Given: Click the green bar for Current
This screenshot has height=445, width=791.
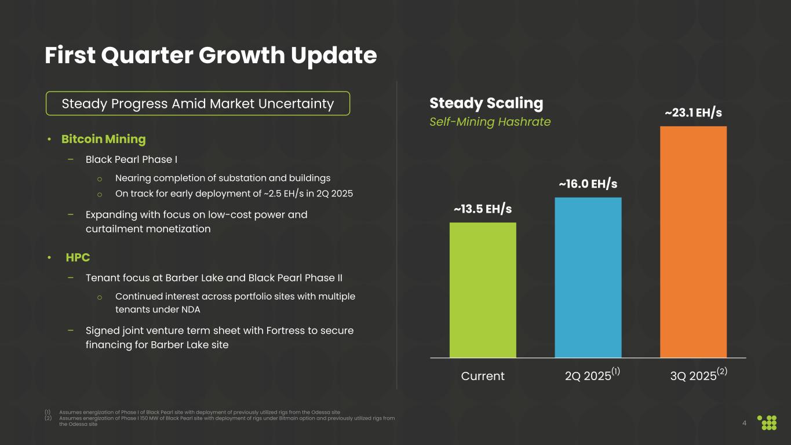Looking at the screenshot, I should click(483, 290).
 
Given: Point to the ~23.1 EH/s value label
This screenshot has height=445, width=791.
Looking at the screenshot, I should click(693, 112).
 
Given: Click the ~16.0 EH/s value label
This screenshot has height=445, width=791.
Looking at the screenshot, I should click(588, 184).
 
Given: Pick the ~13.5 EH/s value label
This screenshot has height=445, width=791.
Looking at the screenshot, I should click(483, 209).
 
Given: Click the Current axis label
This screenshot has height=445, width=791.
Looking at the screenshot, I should click(483, 376).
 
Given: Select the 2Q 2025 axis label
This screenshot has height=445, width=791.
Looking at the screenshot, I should click(588, 376).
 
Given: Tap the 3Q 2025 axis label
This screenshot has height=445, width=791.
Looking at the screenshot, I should click(693, 376).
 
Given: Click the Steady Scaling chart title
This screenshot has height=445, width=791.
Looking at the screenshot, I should click(486, 103).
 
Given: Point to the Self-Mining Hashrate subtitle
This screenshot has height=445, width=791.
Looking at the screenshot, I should click(490, 122).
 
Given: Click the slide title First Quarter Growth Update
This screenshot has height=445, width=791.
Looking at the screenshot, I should click(211, 56).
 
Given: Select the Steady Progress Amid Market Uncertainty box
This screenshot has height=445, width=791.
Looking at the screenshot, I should click(198, 104).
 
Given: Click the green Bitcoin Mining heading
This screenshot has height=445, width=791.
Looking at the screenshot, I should click(104, 139).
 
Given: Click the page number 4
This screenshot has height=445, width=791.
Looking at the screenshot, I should click(744, 422).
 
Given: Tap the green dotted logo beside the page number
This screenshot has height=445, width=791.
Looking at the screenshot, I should click(768, 422).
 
